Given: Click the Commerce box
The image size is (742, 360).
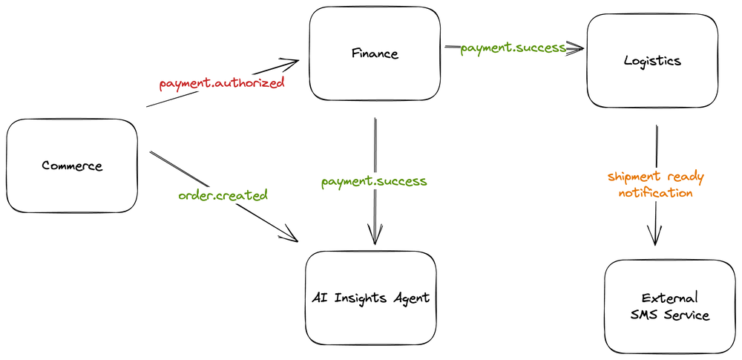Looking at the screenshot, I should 72,165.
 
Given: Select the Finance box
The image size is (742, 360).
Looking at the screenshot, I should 374,53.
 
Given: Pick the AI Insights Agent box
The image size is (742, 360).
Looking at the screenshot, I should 371,298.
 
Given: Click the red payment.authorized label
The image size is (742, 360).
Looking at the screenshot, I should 222,83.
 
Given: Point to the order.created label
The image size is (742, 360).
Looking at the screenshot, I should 223,196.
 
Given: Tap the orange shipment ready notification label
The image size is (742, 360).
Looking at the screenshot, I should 655,185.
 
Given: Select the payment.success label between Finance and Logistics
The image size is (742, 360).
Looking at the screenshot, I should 513,48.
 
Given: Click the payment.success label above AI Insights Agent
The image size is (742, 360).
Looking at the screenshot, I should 374,181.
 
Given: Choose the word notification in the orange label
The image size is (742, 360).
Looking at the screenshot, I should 656,193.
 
